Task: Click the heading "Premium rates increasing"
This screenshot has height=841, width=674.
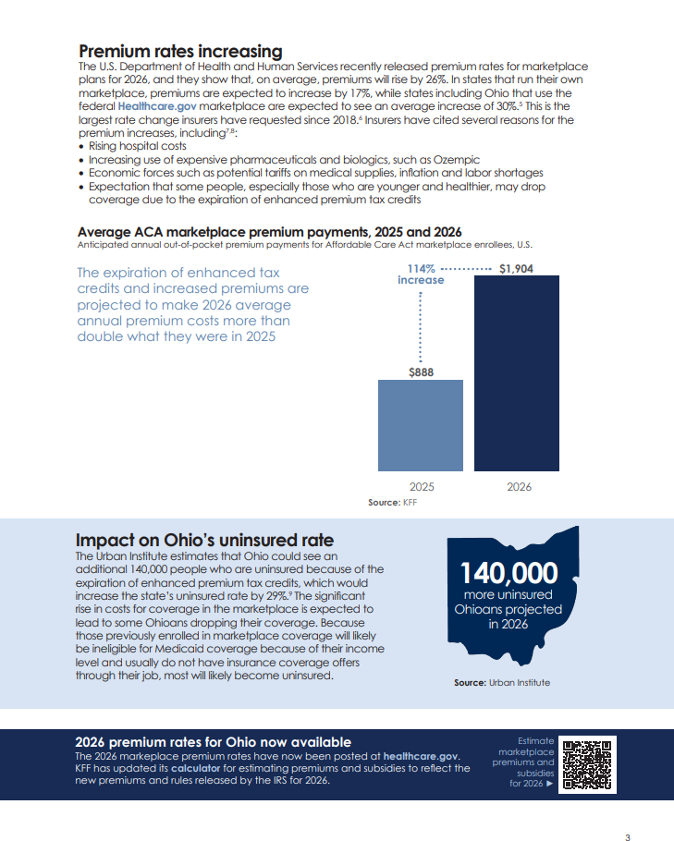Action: pyautogui.click(x=180, y=51)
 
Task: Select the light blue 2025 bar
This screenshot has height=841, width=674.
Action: pyautogui.click(x=422, y=425)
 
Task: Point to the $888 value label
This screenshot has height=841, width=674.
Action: pyautogui.click(x=422, y=372)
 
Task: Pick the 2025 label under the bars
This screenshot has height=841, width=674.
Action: pyautogui.click(x=422, y=487)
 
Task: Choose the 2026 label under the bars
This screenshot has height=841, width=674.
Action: pyautogui.click(x=519, y=487)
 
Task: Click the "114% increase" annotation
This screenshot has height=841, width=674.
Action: pyautogui.click(x=421, y=274)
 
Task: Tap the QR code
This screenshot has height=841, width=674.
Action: pyautogui.click(x=588, y=765)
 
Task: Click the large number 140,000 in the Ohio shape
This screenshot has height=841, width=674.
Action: pyautogui.click(x=509, y=574)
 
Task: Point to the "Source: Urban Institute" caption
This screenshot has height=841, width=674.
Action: pyautogui.click(x=501, y=682)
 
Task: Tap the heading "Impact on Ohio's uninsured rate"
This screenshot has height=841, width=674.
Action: pyautogui.click(x=204, y=541)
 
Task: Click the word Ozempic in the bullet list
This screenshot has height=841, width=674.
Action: pyautogui.click(x=459, y=160)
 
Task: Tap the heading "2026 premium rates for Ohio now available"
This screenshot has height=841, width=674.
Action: pyautogui.click(x=213, y=742)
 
